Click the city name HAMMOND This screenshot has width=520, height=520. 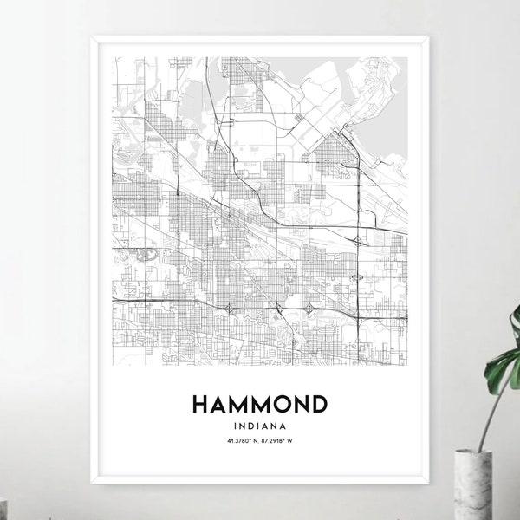point(255,405)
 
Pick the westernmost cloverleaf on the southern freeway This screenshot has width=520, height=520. point(227,307)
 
